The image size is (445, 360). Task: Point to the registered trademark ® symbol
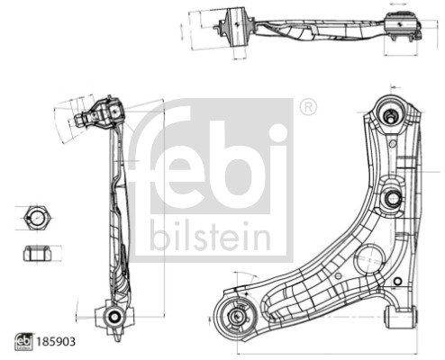point(307,106)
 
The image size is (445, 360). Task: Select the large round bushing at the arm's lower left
point(238,316)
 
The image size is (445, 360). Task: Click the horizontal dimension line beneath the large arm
point(315,348)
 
